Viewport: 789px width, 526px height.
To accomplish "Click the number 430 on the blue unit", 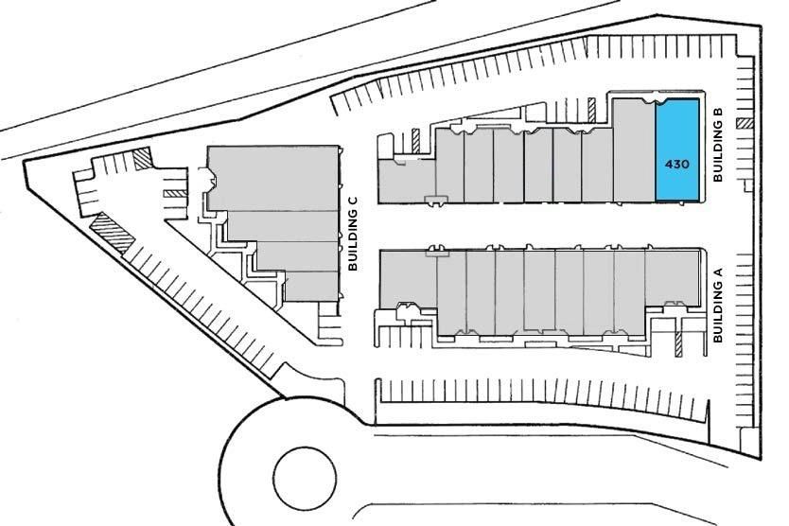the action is click(x=676, y=164).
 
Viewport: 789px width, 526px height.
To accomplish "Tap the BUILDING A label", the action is click(x=718, y=305).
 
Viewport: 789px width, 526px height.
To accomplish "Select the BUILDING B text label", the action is click(x=718, y=145).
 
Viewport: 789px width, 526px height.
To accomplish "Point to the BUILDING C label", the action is click(x=353, y=233).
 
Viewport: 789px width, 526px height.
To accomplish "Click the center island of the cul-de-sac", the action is click(x=305, y=478).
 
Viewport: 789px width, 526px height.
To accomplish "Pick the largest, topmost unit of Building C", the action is click(x=273, y=178).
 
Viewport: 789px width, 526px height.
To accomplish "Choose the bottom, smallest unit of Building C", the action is click(x=311, y=287).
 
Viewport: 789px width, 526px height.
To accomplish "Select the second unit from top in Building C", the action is click(x=283, y=226).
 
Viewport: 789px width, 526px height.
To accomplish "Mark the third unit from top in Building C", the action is click(x=297, y=256).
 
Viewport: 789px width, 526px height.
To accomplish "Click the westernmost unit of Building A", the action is click(x=408, y=278).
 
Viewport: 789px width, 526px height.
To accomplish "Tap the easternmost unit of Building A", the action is click(x=673, y=278).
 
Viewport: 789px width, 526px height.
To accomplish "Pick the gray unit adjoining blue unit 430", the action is click(x=634, y=150).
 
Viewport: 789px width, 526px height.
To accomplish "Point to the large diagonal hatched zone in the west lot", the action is click(x=113, y=233).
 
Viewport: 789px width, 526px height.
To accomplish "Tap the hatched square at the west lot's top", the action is click(x=143, y=159).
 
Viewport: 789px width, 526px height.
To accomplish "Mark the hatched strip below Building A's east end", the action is click(x=678, y=344).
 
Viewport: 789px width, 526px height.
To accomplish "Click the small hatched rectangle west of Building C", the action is click(x=176, y=193).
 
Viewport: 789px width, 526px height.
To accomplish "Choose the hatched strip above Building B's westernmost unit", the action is click(x=415, y=140).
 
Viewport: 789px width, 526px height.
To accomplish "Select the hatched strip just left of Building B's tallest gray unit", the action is click(x=592, y=111).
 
